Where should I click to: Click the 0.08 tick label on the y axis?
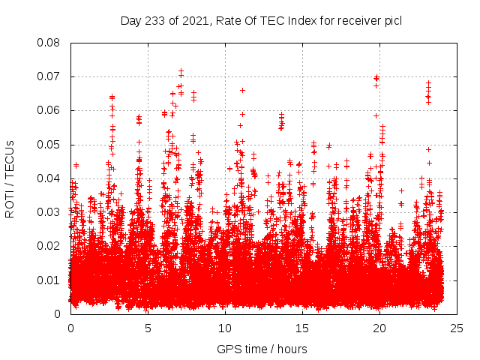(49, 43)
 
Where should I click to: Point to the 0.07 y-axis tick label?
(49, 76)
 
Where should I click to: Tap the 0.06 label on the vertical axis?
(49, 110)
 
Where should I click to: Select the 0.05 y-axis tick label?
(49, 144)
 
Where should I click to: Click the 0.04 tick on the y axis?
(49, 178)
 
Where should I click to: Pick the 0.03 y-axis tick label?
(49, 212)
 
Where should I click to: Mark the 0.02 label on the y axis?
(49, 246)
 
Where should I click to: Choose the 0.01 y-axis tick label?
(49, 280)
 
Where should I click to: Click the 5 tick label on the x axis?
(148, 328)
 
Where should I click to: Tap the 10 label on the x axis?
(225, 328)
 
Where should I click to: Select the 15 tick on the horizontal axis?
(302, 328)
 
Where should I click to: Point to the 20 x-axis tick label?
(379, 328)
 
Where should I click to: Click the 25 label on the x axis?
(457, 328)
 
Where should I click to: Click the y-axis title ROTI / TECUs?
(10, 178)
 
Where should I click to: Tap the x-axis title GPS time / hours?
(262, 349)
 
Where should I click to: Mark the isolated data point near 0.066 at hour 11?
(242, 90)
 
